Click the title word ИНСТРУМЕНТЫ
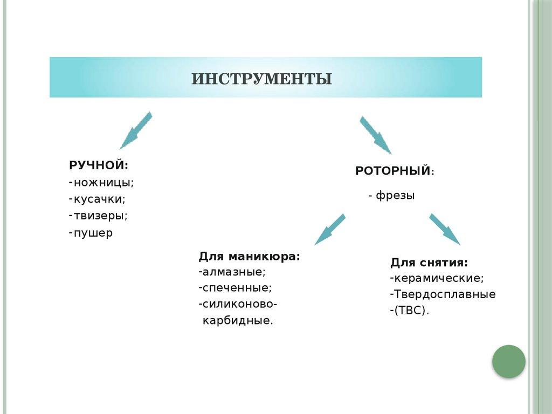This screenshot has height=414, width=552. pos(262,79)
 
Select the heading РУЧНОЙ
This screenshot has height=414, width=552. pos(99,165)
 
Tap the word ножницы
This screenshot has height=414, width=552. pos(103,182)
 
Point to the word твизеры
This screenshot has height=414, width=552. pos(101,216)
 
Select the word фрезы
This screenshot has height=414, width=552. pos(395,196)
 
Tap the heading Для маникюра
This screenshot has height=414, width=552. pos(249,256)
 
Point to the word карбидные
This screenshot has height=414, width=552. pos(238,321)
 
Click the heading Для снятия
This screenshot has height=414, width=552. pos(429,263)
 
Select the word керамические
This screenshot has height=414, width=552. pos(439,278)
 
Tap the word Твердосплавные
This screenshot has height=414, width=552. pos(444,294)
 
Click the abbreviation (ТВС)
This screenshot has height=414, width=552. pos(411,310)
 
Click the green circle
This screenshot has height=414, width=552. pos(508,361)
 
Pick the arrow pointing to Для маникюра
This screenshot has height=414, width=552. pos(329,229)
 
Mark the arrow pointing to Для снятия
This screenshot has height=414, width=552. pos(445,229)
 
